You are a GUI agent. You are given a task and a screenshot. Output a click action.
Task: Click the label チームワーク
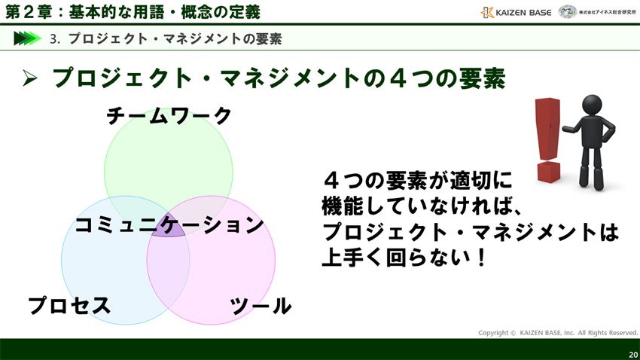pyautogui.click(x=169, y=116)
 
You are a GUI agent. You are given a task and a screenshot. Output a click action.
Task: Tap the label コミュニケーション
pyautogui.click(x=169, y=224)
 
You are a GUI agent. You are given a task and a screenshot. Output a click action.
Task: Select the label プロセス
pyautogui.click(x=69, y=306)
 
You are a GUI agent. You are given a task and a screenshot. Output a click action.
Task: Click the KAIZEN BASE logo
pyautogui.click(x=516, y=12)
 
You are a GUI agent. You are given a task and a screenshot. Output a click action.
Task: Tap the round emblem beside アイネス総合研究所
pyautogui.click(x=567, y=12)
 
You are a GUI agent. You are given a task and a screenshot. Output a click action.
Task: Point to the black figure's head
pyautogui.click(x=593, y=105)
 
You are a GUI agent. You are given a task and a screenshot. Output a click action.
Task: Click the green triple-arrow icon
pyautogui.click(x=27, y=38)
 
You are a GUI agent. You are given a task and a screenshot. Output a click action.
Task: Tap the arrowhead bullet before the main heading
pyautogui.click(x=30, y=78)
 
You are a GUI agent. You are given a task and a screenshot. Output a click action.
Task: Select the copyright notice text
pyautogui.click(x=558, y=333)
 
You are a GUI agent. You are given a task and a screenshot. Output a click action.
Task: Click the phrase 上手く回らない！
pyautogui.click(x=404, y=258)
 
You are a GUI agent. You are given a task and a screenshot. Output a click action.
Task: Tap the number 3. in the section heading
pyautogui.click(x=54, y=39)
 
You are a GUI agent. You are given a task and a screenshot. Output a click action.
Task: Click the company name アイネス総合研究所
pyautogui.click(x=608, y=12)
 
